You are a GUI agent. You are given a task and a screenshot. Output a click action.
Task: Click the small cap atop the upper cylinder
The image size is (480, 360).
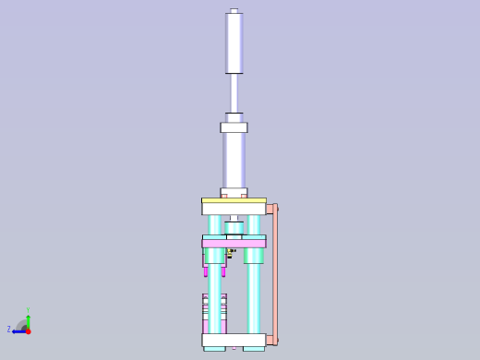pyautogui.click(x=234, y=11)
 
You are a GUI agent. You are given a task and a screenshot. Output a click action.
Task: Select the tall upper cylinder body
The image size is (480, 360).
pyautogui.click(x=234, y=42)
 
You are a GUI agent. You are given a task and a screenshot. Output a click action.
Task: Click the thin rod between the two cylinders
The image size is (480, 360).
pyautogui.click(x=234, y=92)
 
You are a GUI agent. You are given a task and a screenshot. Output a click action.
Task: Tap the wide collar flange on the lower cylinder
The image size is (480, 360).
pyautogui.click(x=234, y=127)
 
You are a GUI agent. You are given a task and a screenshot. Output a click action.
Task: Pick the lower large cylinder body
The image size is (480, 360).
pyautogui.click(x=234, y=159)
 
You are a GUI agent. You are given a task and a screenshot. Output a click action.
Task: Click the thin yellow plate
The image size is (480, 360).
pyautogui.click(x=234, y=200)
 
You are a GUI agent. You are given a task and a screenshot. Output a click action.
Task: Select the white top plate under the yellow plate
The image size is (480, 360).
pyautogui.click(x=234, y=209)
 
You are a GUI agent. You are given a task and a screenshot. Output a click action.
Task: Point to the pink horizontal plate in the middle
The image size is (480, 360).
pyautogui.click(x=234, y=243)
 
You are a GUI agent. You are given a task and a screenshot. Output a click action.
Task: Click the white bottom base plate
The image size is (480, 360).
pyautogui.click(x=234, y=340)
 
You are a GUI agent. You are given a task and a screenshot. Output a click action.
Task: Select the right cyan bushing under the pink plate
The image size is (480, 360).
pyautogui.click(x=254, y=255)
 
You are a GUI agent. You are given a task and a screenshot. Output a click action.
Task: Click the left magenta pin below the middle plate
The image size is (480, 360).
pyautogui.click(x=206, y=271)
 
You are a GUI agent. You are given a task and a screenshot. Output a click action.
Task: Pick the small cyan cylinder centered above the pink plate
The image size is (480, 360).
pyautogui.click(x=234, y=227)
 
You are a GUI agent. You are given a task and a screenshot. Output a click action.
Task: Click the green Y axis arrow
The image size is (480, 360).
pyautogui.click(x=28, y=319)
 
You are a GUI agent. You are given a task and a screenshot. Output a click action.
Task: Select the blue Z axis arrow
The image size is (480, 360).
pyautogui.click(x=18, y=330)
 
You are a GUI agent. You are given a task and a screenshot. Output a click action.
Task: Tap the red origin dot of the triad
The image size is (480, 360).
pyautogui.click(x=28, y=330)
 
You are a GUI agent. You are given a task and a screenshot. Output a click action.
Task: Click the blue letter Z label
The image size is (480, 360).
pyautogui.click(x=9, y=330)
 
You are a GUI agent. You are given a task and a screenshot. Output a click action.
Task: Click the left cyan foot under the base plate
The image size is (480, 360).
pyautogui.click(x=214, y=349)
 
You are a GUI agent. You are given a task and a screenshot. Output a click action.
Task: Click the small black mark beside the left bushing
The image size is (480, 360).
pyautogui.click(x=231, y=251)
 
